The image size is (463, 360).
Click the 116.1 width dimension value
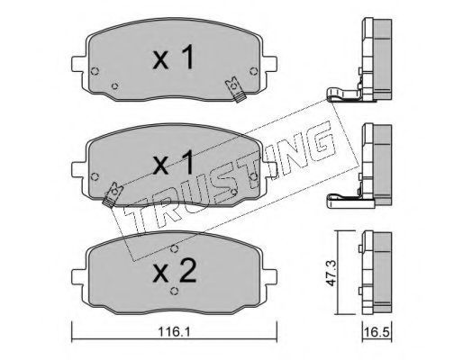(x=174, y=332)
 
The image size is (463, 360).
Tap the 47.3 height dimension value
(x=331, y=273)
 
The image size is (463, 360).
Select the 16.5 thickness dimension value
(x=377, y=332)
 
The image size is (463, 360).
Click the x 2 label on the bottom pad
(x=175, y=272)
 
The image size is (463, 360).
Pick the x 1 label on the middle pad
(x=173, y=163)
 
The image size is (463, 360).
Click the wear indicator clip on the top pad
(x=236, y=89)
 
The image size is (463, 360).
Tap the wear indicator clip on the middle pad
(x=113, y=195)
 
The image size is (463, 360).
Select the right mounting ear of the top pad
(x=269, y=64)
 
